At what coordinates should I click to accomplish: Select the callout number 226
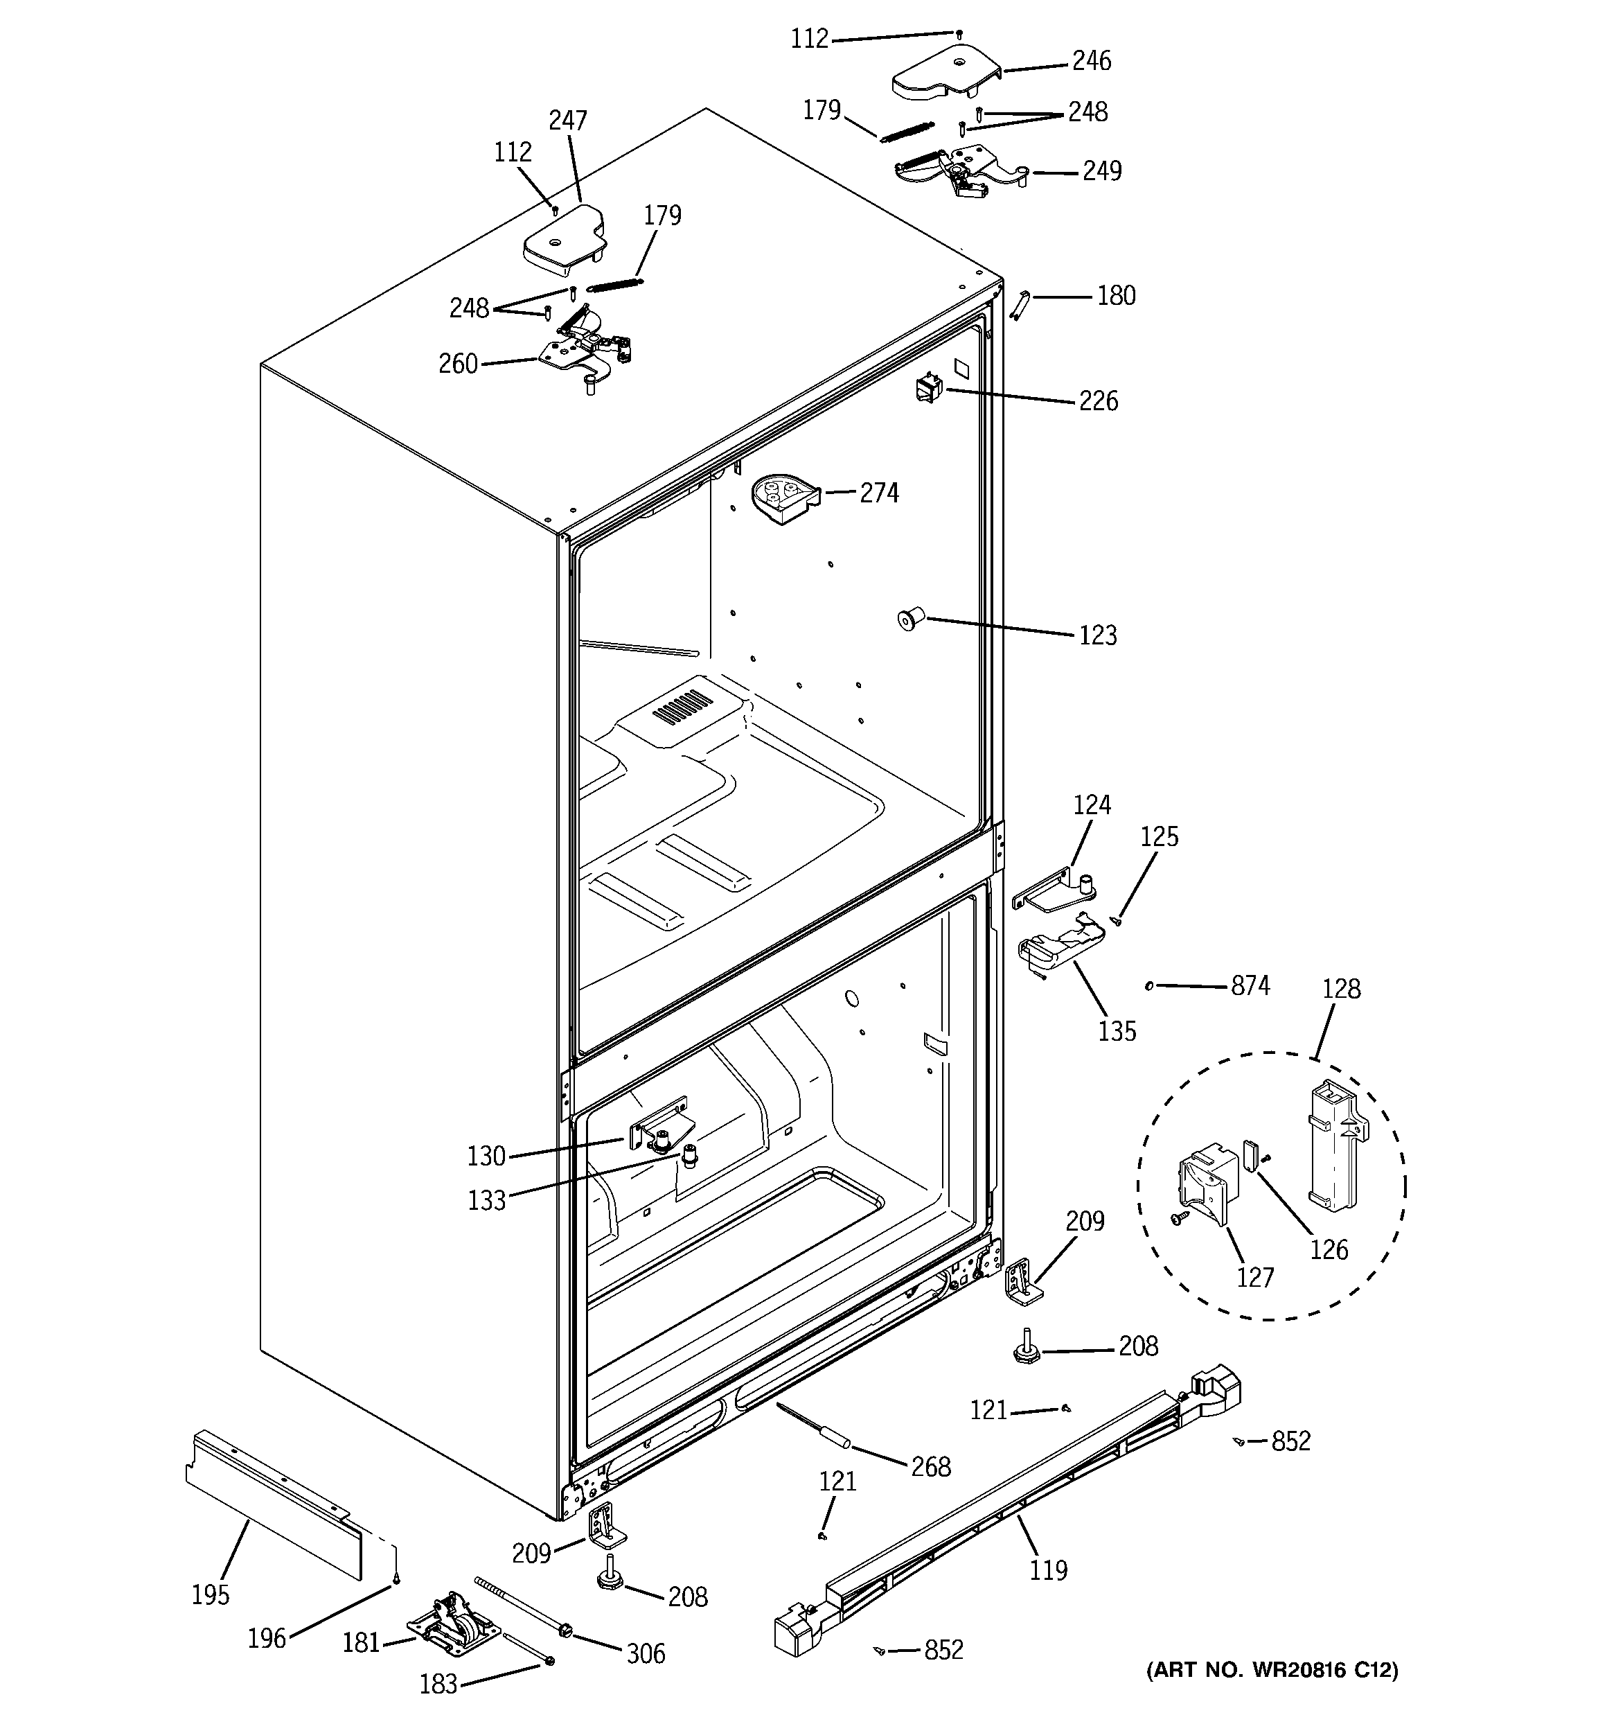click(1098, 401)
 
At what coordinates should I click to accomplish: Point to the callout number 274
click(879, 493)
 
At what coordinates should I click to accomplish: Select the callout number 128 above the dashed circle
click(1341, 989)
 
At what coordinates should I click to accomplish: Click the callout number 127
click(1255, 1278)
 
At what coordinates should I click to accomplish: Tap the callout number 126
click(1329, 1249)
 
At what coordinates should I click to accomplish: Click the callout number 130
click(486, 1156)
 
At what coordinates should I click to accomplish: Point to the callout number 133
click(486, 1201)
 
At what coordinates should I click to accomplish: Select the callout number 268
click(931, 1466)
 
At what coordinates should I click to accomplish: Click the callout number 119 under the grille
click(1048, 1570)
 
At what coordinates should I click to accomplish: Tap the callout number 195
click(211, 1595)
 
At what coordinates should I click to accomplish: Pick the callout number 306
click(645, 1654)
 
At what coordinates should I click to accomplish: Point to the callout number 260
click(458, 364)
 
